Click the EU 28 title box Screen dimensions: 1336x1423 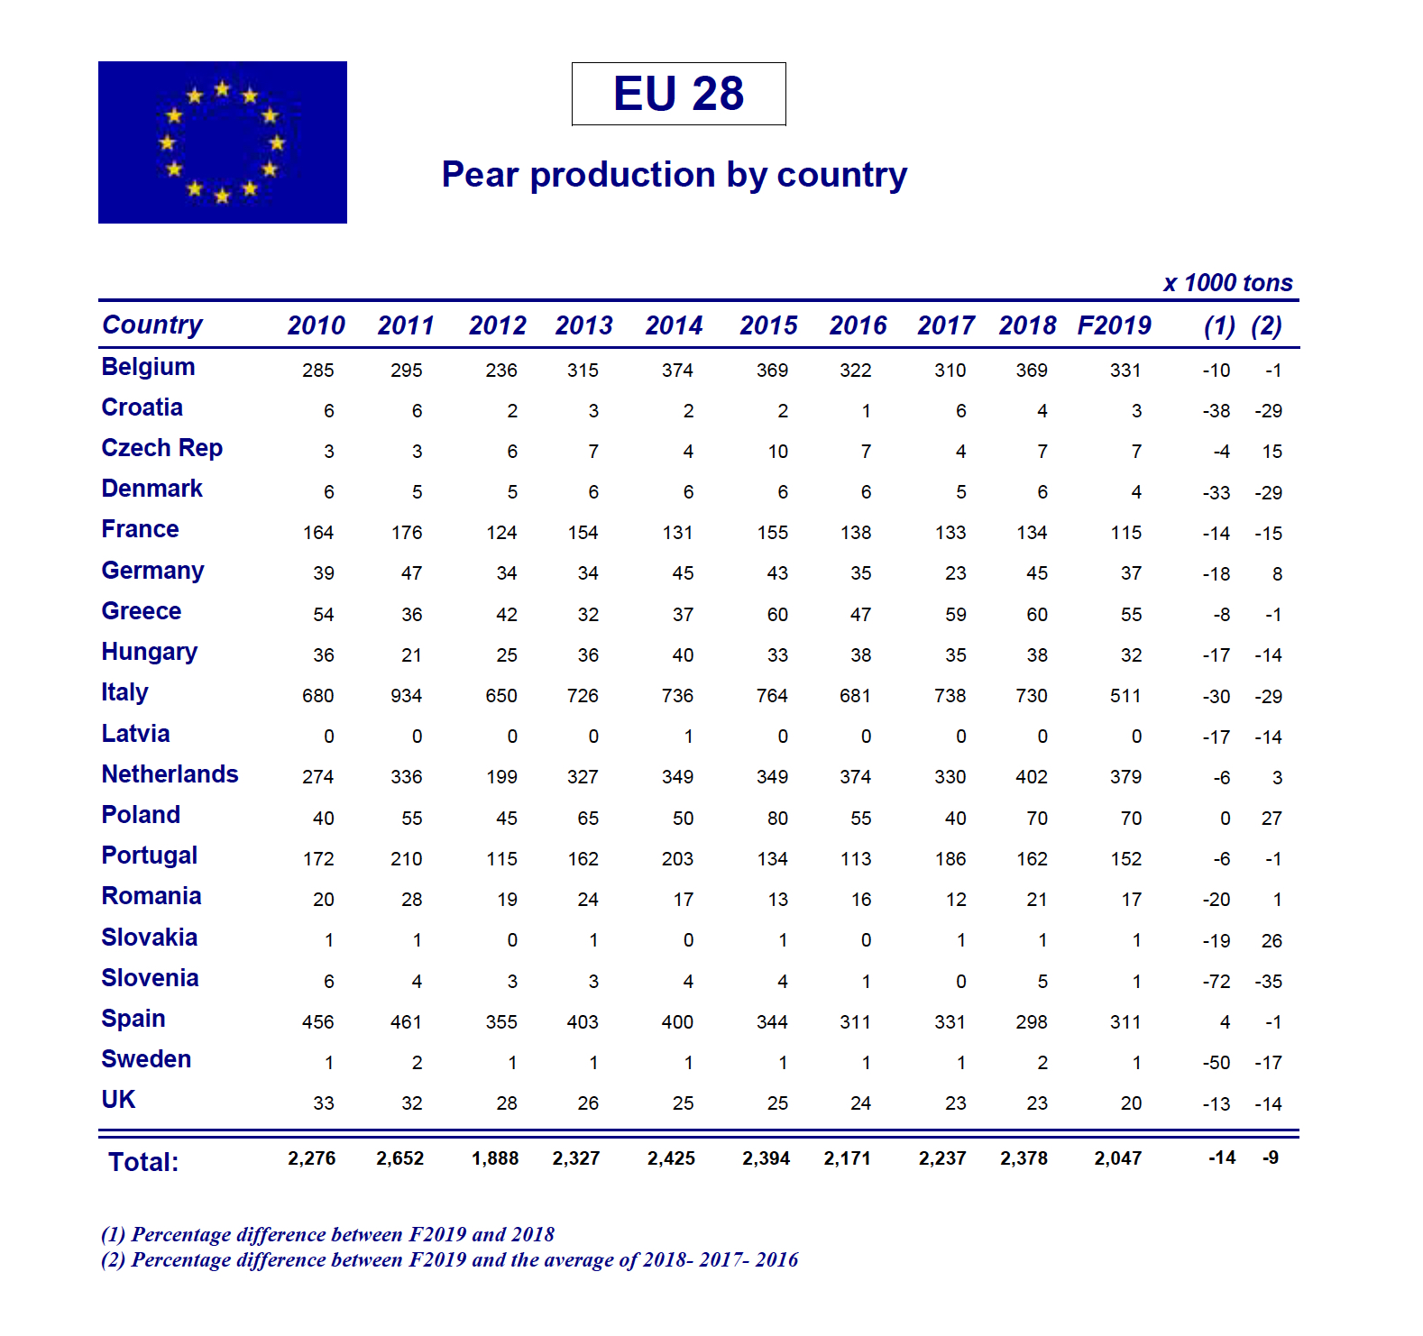click(678, 94)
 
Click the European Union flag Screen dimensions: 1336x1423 click(222, 142)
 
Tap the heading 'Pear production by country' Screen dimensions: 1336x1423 click(674, 175)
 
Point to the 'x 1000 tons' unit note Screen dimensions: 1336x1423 click(1227, 283)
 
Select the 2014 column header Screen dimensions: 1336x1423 click(674, 325)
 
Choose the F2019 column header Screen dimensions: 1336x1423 click(1114, 325)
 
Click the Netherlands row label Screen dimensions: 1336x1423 click(170, 774)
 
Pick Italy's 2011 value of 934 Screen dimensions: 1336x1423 click(407, 696)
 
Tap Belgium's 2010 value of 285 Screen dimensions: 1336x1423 click(318, 371)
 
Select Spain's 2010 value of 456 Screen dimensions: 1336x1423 click(318, 1022)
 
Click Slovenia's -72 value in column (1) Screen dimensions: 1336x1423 click(1216, 982)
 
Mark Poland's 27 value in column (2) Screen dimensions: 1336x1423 click(1272, 819)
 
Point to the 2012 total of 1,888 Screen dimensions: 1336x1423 click(495, 1158)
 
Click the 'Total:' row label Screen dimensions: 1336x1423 click(143, 1162)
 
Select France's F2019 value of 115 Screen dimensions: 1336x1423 click(1125, 533)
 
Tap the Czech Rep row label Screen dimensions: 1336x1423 click(161, 448)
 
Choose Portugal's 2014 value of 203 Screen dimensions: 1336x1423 click(677, 859)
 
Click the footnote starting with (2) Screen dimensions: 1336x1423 click(449, 1259)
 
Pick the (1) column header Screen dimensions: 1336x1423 click(1219, 325)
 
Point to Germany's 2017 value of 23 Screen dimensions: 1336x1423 click(956, 573)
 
